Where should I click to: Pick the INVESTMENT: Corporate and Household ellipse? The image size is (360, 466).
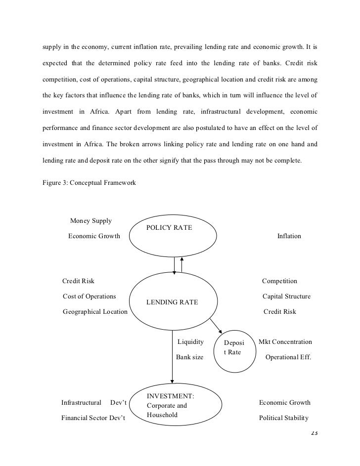[173, 405]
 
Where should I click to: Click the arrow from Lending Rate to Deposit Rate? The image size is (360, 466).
[216, 326]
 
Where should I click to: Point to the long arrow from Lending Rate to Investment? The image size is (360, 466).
[172, 356]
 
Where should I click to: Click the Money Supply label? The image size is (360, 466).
[91, 220]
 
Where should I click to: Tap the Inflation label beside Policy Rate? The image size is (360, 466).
[289, 236]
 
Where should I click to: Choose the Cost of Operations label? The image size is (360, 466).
[90, 297]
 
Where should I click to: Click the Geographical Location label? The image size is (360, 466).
[95, 312]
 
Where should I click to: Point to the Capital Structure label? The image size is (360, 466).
[286, 297]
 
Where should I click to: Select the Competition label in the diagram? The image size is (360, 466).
[279, 281]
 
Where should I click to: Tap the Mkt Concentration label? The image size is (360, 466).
[285, 342]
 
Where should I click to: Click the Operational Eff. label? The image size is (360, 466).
[288, 357]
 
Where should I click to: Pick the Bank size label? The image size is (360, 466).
[189, 357]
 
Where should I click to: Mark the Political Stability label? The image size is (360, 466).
[284, 418]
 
